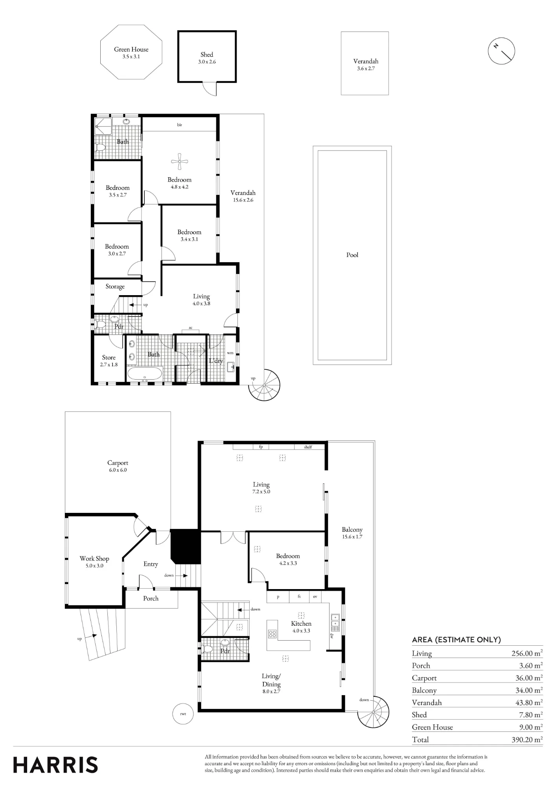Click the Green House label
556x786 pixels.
131,50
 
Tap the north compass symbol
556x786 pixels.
501,51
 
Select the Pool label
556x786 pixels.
352,255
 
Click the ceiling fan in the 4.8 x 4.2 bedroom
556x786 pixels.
180,161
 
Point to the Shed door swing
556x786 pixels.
210,89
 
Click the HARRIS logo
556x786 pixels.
55,765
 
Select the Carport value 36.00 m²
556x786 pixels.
527,678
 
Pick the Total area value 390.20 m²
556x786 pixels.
527,740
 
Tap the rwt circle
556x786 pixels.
183,714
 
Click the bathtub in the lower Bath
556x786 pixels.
145,373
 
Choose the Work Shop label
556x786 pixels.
94,558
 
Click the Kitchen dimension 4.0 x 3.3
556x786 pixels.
301,631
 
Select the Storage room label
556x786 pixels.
115,286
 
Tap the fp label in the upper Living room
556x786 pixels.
261,447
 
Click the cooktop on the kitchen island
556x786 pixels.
272,634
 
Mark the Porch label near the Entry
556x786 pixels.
151,598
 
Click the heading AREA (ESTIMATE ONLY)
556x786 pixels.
456,640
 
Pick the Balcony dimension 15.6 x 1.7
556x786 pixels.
352,537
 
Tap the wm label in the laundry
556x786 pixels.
230,353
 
